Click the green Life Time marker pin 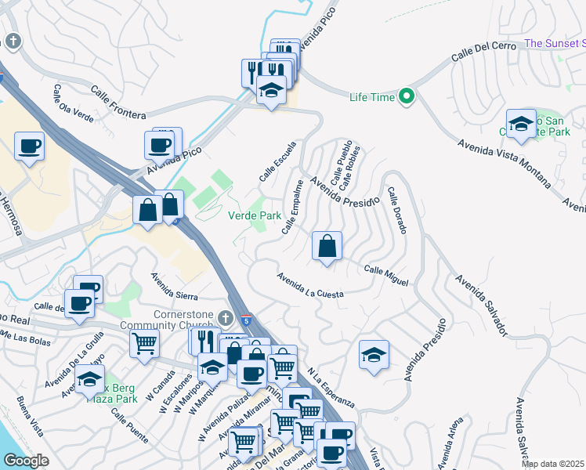[x=406, y=97]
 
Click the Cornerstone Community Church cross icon [x=226, y=317]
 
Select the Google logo [x=27, y=461]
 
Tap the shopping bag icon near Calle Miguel [x=327, y=245]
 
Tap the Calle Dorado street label [x=396, y=211]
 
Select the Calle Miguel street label [x=386, y=275]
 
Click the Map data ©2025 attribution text [x=553, y=464]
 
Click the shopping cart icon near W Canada [x=144, y=342]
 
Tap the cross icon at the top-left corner [x=13, y=42]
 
